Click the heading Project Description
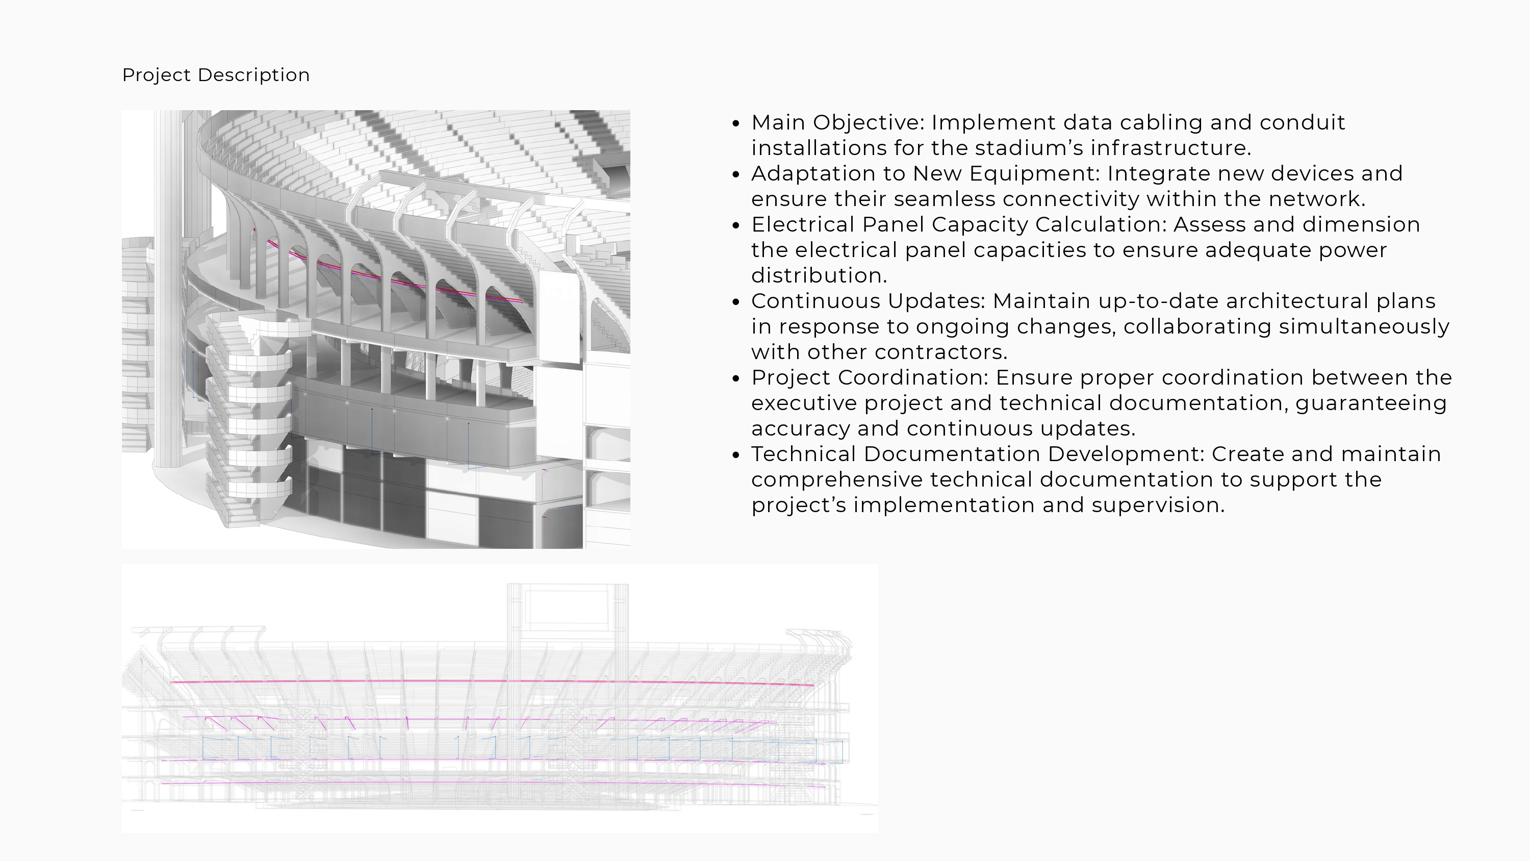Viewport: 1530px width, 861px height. click(216, 75)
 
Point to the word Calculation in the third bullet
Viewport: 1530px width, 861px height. click(1101, 224)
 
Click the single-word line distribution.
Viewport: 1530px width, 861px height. click(819, 276)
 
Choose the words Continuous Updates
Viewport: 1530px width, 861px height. click(868, 301)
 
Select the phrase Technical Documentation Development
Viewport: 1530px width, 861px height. click(978, 454)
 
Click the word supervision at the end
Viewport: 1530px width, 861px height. click(1158, 505)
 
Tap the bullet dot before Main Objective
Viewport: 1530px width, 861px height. click(736, 123)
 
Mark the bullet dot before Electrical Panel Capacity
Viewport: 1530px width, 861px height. click(736, 226)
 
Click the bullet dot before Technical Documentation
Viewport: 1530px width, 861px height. click(736, 455)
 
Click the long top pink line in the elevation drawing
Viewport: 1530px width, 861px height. click(492, 682)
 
